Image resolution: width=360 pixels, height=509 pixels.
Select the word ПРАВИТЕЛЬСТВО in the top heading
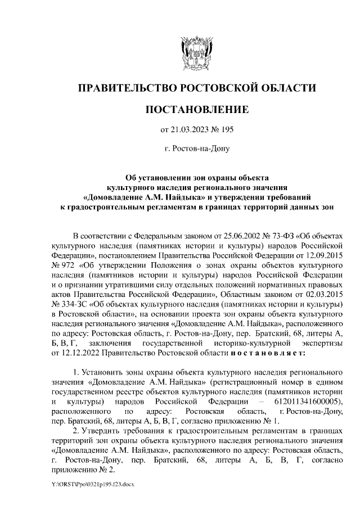(x=128, y=88)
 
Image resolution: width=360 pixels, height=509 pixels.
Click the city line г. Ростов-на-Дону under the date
(x=196, y=149)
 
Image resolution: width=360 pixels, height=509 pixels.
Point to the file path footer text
(x=91, y=483)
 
